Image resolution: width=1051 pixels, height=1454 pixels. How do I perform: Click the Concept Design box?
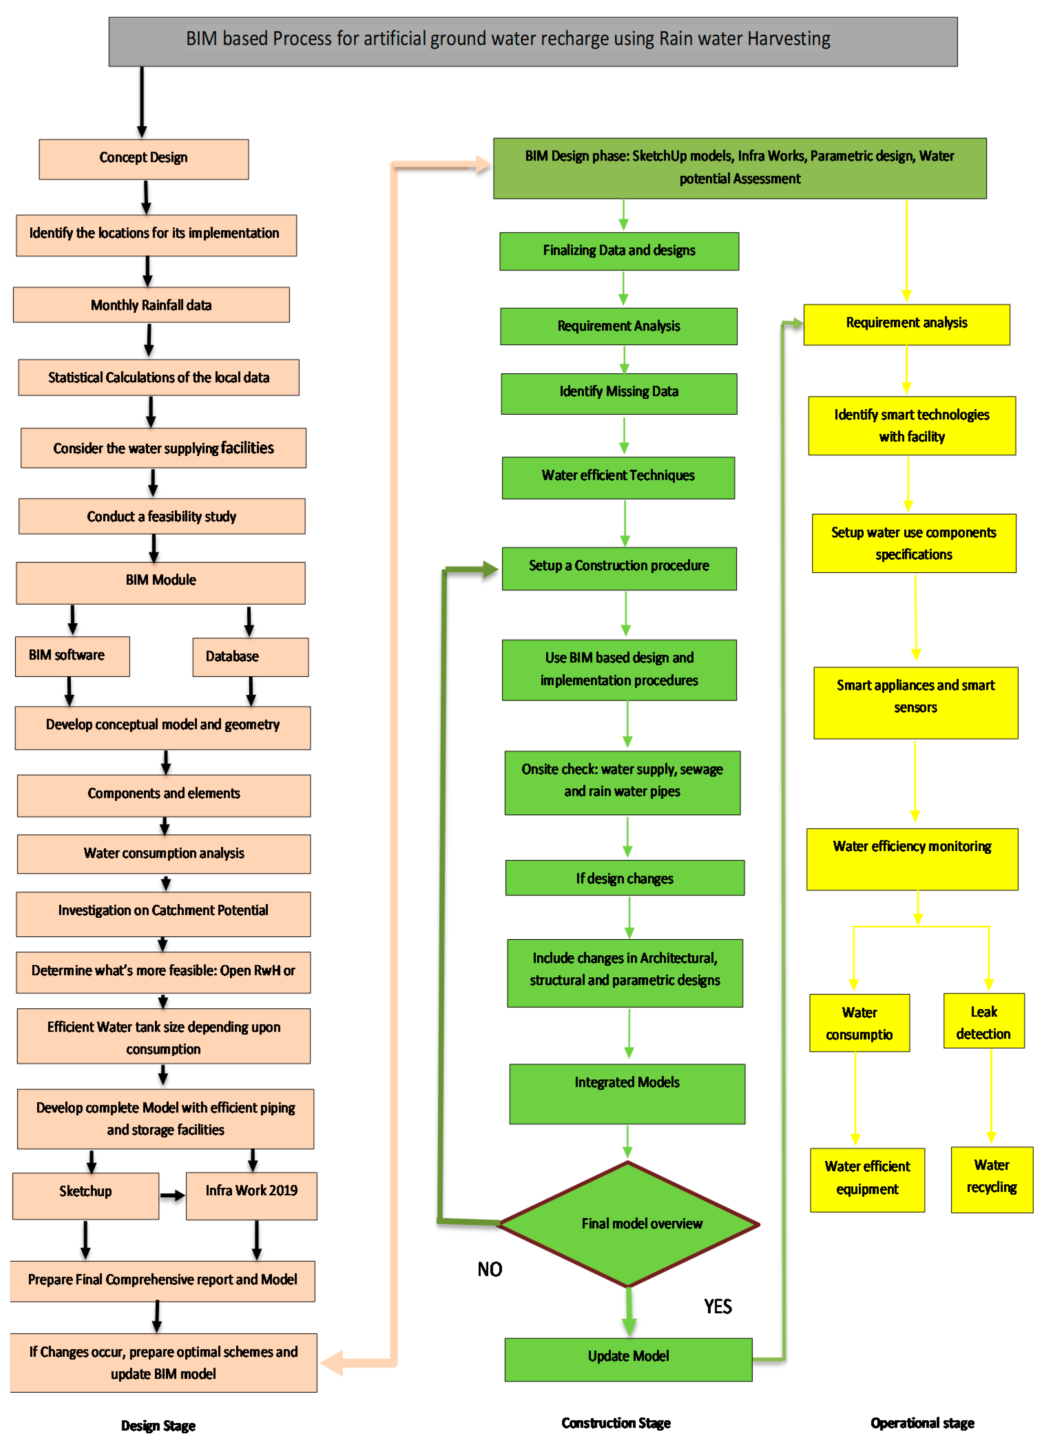pos(144,159)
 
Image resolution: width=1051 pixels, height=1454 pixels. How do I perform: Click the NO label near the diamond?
pos(490,1269)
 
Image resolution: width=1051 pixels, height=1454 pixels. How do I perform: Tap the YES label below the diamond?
pos(718,1307)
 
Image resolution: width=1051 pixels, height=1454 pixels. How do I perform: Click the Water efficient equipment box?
pos(867,1180)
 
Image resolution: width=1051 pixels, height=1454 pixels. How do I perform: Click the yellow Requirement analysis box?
pos(906,324)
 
